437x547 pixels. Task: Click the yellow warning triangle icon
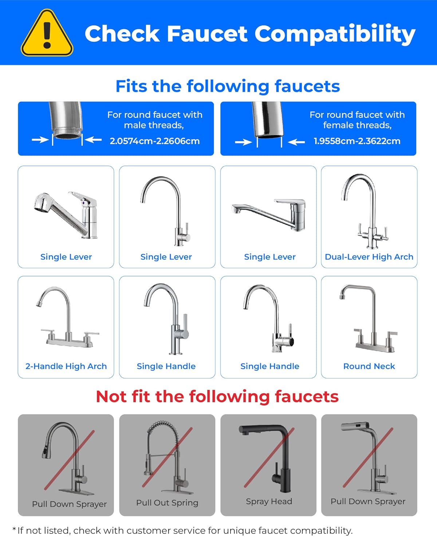point(47,34)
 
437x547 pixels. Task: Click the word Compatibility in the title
point(335,34)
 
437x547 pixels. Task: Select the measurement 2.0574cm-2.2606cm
point(155,141)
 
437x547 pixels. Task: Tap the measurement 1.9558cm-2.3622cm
point(357,141)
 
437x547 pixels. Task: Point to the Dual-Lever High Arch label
point(369,257)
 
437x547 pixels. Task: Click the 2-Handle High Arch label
point(66,366)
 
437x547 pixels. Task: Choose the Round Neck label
point(369,366)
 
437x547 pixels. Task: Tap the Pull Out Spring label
point(167,503)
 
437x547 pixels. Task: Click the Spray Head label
point(269,501)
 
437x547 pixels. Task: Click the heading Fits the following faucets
point(228,86)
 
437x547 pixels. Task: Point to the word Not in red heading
point(111,396)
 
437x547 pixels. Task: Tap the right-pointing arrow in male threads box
point(40,139)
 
